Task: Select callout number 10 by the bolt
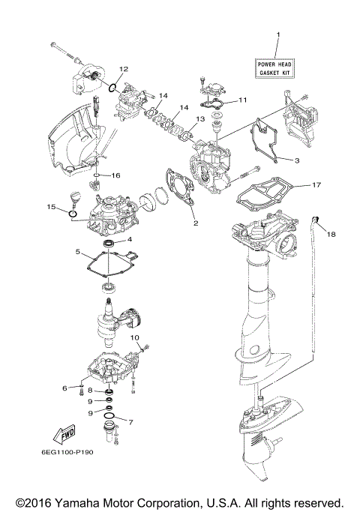point(136,338)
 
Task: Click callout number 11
point(242,100)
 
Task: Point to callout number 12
point(124,69)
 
